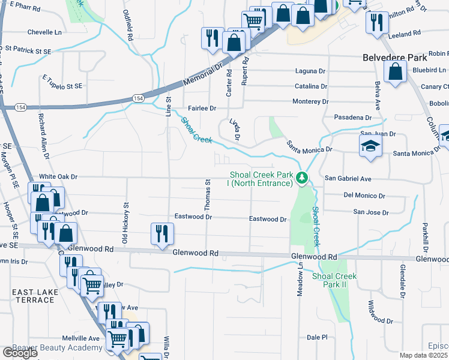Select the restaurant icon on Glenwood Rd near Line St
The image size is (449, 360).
(161, 234)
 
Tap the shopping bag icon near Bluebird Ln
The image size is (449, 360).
(396, 73)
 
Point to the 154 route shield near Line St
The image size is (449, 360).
(139, 98)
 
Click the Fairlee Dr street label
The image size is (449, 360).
(201, 108)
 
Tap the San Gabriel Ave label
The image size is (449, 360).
(348, 179)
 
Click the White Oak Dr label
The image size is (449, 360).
(58, 177)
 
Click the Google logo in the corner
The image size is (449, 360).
(20, 353)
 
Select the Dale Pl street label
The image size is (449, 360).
(316, 337)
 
